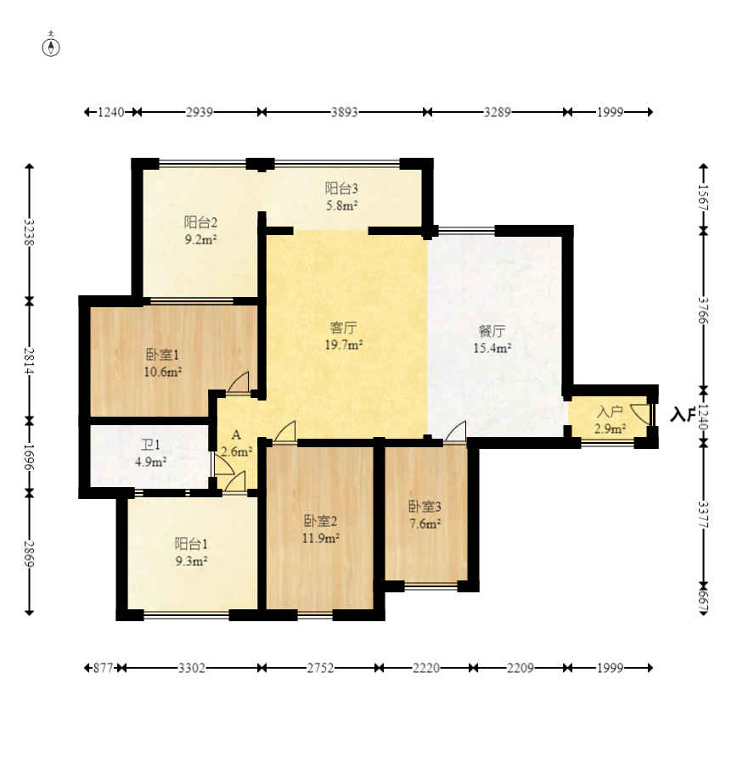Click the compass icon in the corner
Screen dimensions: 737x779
coord(51,46)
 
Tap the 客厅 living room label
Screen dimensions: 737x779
coord(343,328)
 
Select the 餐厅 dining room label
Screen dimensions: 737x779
coord(492,331)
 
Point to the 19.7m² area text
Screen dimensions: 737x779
coord(343,345)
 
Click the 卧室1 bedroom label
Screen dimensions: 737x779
coord(162,355)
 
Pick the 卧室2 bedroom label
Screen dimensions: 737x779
coord(321,521)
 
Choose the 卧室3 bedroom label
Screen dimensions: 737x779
coord(425,507)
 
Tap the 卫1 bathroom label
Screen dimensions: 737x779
coord(150,446)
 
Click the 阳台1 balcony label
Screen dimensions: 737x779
coord(191,544)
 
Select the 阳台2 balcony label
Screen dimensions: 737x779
coord(200,222)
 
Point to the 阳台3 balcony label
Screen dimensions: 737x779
coord(341,188)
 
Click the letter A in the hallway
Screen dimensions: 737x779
coord(236,435)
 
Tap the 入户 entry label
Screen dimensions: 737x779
coord(610,412)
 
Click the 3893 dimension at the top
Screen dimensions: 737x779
coord(345,112)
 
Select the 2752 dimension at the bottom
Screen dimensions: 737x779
coord(320,668)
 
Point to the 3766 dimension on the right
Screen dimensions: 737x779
coord(703,311)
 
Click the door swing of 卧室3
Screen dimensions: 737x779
coord(456,431)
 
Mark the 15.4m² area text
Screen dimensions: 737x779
coord(492,348)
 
